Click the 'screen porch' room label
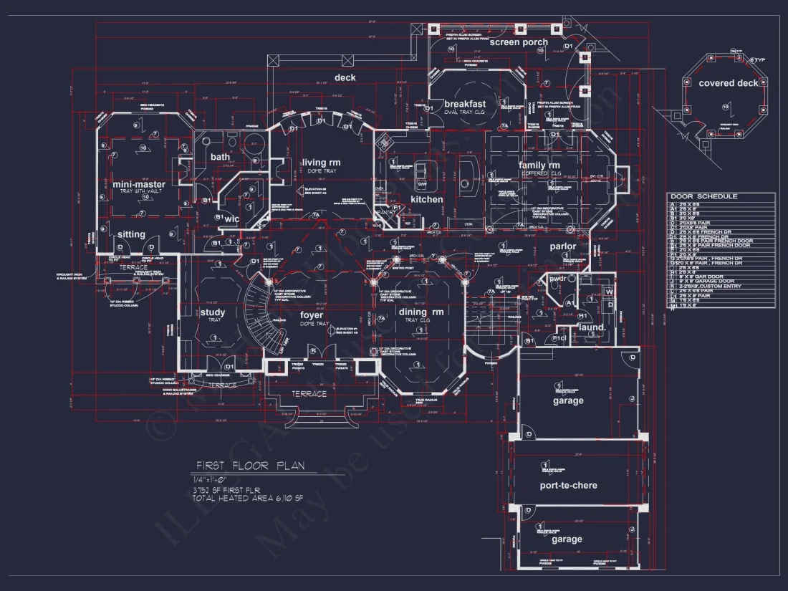coord(519,42)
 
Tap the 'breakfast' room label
coord(465,104)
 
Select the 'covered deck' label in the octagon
coord(728,83)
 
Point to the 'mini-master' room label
coord(139,185)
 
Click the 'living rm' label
coord(321,163)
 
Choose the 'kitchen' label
coord(426,199)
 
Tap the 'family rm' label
coord(539,165)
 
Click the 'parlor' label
coord(563,246)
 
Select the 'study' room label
coord(213,312)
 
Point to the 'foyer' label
coord(312,315)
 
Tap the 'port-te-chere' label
coord(568,485)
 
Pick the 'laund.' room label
coord(592,327)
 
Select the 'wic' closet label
coord(231,218)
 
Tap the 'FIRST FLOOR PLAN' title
coord(251,466)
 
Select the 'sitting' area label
coord(131,234)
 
